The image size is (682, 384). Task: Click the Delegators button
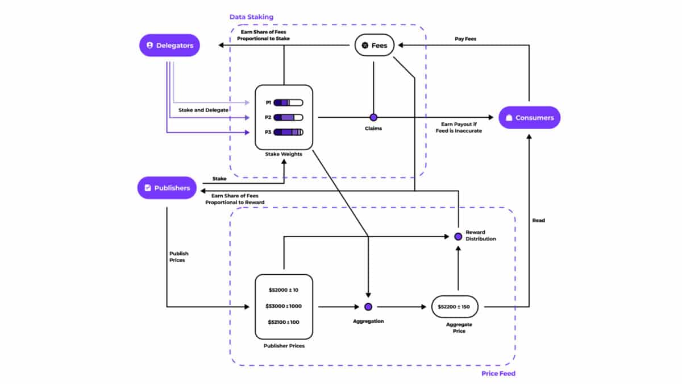pyautogui.click(x=169, y=45)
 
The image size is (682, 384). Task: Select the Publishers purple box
pyautogui.click(x=167, y=188)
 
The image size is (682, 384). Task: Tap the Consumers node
pyautogui.click(x=530, y=118)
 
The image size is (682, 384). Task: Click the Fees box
pyautogui.click(x=375, y=45)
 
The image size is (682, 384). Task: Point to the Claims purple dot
pyautogui.click(x=373, y=117)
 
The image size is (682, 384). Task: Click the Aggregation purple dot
pyautogui.click(x=368, y=307)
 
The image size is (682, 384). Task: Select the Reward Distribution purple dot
pyautogui.click(x=458, y=236)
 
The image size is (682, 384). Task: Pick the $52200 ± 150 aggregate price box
pyautogui.click(x=455, y=307)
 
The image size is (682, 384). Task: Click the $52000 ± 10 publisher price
pyautogui.click(x=284, y=290)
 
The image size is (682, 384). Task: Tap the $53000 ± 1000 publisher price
pyautogui.click(x=284, y=306)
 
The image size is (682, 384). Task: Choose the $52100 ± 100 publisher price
pyautogui.click(x=284, y=322)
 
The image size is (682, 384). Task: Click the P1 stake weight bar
pyautogui.click(x=288, y=103)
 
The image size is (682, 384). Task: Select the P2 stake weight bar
pyautogui.click(x=288, y=118)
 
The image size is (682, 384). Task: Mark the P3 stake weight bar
pyautogui.click(x=288, y=132)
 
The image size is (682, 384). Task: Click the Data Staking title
pyautogui.click(x=251, y=17)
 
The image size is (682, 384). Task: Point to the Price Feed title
pyautogui.click(x=498, y=373)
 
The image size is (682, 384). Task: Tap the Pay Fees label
pyautogui.click(x=465, y=39)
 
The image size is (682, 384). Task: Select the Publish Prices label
pyautogui.click(x=178, y=257)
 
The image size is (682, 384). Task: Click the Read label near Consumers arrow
pyautogui.click(x=538, y=220)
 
